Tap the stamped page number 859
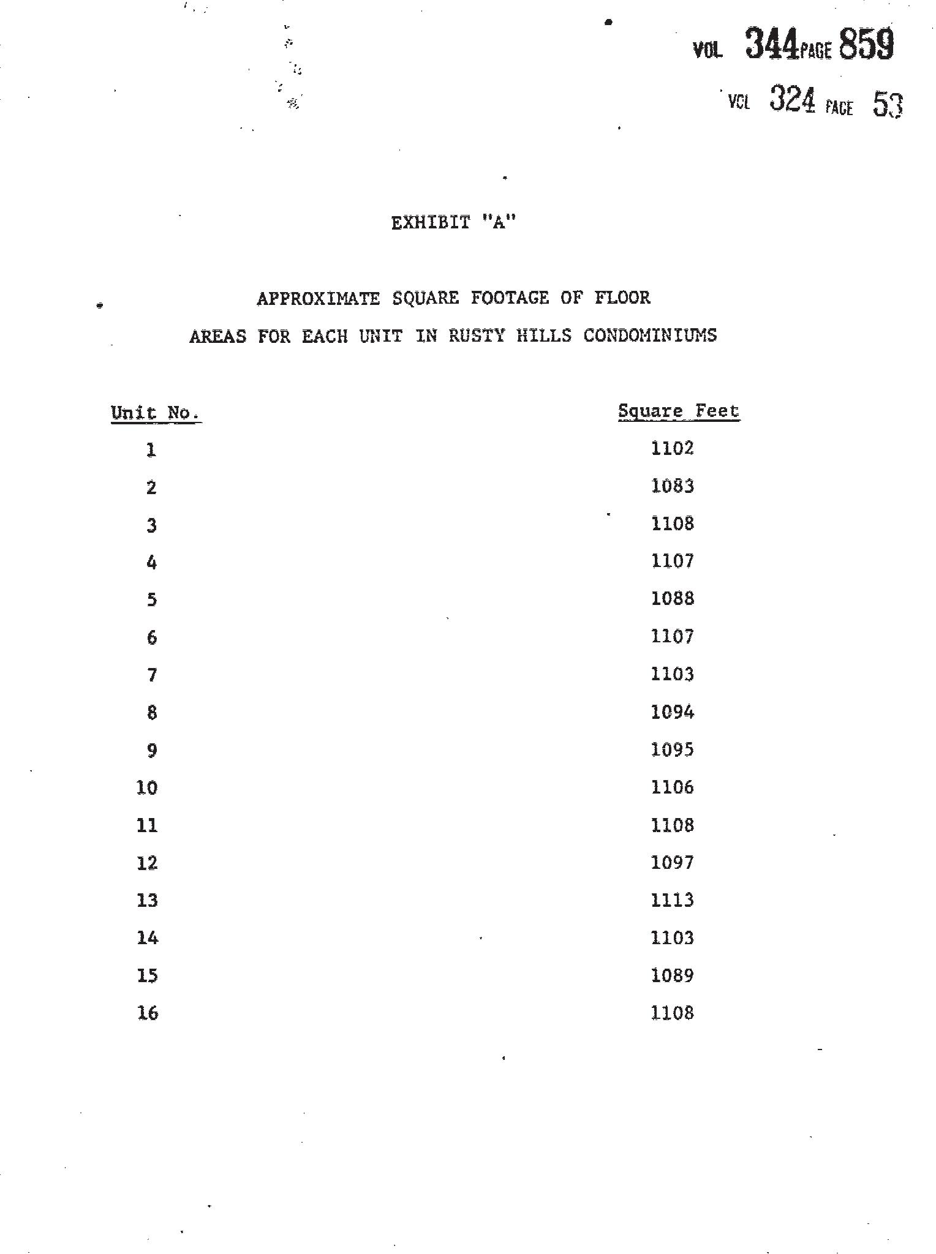point(866,45)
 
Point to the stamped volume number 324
point(792,100)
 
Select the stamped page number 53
point(888,104)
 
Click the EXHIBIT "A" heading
point(453,223)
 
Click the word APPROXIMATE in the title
point(318,298)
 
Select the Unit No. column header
point(155,413)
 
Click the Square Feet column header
point(678,411)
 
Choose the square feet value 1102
point(672,448)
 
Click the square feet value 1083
point(672,486)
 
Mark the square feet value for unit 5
point(672,598)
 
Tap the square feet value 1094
point(672,712)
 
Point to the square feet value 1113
point(672,900)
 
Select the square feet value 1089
point(672,975)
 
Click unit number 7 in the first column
point(151,675)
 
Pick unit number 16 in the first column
point(147,1013)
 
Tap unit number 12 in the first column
point(147,863)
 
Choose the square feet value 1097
point(672,863)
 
